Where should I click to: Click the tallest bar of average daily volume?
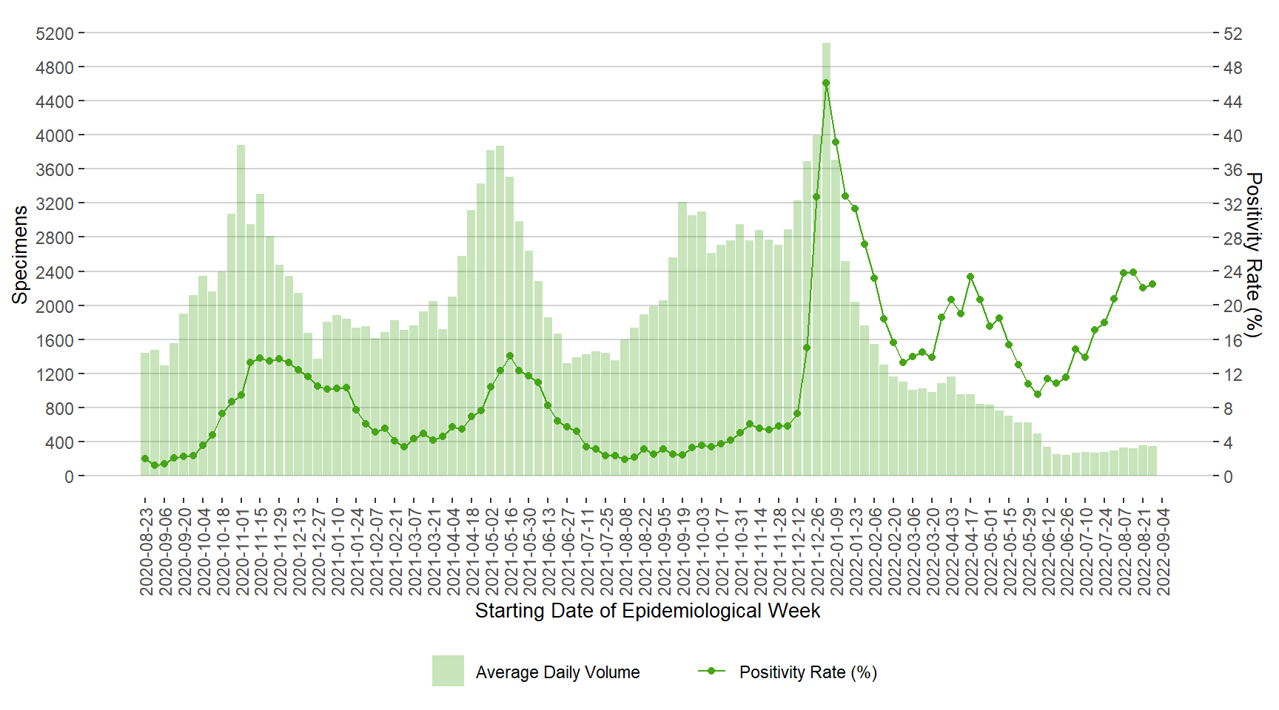(826, 259)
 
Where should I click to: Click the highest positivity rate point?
(826, 84)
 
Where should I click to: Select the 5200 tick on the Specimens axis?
(55, 34)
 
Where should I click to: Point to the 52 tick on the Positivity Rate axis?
(1232, 34)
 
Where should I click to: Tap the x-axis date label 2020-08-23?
(147, 550)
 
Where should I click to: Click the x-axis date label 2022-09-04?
(1164, 550)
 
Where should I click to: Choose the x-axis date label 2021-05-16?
(511, 550)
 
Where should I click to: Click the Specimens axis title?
(19, 254)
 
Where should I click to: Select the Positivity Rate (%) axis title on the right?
(1253, 254)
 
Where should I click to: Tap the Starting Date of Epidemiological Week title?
(648, 611)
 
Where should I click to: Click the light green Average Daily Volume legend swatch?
(448, 671)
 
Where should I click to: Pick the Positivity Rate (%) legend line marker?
(711, 671)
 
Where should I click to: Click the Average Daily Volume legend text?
(557, 672)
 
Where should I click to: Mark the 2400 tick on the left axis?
(55, 272)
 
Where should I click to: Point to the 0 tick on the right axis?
(1228, 476)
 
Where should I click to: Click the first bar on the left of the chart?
(145, 414)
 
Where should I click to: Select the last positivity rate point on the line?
(1152, 284)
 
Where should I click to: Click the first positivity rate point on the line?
(145, 459)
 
